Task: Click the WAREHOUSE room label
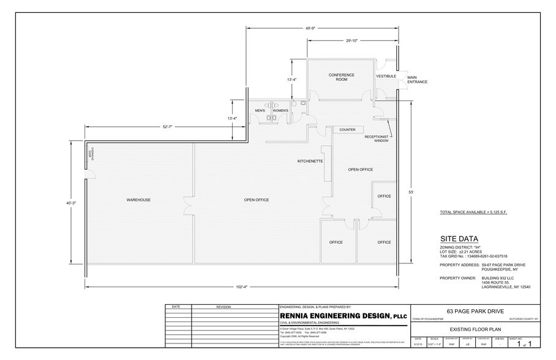point(138,200)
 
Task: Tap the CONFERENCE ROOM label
point(342,77)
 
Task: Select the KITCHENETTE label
point(310,161)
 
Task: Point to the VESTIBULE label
point(386,76)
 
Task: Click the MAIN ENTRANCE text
point(416,80)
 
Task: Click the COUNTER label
point(347,130)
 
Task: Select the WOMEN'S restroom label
point(280,110)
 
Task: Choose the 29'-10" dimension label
point(353,41)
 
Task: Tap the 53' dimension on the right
point(412,193)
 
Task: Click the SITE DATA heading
point(459,239)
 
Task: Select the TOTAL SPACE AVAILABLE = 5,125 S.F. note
point(473,212)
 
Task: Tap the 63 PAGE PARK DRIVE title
point(474,311)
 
